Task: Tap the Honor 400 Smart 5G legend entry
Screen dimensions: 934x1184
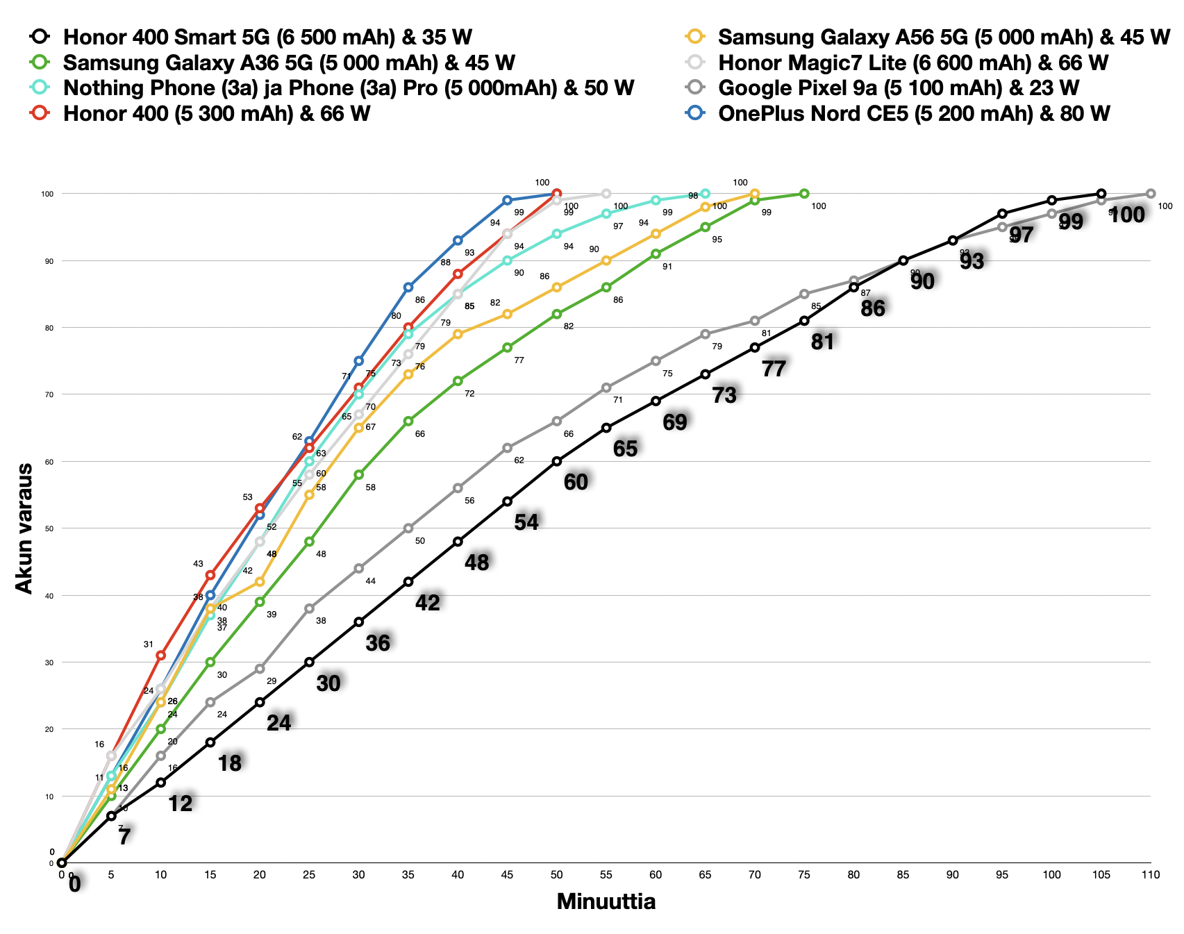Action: click(x=267, y=37)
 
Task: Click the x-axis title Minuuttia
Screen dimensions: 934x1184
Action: click(x=606, y=902)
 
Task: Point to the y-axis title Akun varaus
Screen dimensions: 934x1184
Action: click(x=24, y=528)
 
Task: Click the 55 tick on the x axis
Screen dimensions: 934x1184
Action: click(x=606, y=875)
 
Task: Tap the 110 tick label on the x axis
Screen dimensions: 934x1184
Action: click(x=1150, y=875)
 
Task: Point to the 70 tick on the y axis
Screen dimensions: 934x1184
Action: click(x=49, y=394)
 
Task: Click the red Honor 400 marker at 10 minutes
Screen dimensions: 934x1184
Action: click(x=160, y=655)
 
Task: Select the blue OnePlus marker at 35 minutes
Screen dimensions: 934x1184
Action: click(x=408, y=287)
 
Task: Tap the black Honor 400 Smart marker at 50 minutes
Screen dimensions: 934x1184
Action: click(x=557, y=461)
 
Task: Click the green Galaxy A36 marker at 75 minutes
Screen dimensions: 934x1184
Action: click(x=804, y=193)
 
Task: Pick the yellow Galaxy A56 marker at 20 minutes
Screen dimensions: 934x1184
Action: click(x=260, y=581)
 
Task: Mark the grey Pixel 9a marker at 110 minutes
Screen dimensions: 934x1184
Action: click(x=1151, y=194)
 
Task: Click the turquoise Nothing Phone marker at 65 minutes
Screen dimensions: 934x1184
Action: click(x=705, y=193)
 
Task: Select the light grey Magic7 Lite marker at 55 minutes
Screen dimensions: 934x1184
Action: click(x=606, y=193)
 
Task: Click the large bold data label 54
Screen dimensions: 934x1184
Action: click(x=526, y=522)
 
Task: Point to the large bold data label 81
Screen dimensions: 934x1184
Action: click(x=822, y=341)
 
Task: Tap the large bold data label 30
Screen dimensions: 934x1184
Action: click(x=328, y=683)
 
